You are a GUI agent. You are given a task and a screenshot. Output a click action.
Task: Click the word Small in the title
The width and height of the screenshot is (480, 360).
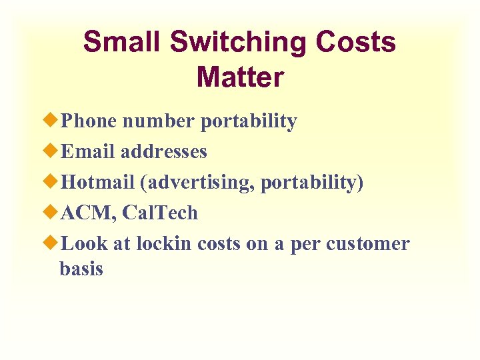(122, 43)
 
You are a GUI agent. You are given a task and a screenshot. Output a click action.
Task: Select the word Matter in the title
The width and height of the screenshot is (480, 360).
(240, 77)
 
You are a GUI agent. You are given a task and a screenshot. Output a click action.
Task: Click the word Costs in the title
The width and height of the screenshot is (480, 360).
(355, 43)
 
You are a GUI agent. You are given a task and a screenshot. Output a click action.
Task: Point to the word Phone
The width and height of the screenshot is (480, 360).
(89, 121)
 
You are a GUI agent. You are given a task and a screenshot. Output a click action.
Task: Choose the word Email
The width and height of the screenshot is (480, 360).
(87, 152)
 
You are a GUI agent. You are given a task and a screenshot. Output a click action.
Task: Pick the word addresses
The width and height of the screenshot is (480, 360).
(164, 152)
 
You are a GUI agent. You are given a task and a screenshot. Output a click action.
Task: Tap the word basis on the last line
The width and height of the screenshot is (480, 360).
(81, 269)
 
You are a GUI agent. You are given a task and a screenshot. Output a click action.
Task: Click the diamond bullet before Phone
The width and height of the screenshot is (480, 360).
(53, 121)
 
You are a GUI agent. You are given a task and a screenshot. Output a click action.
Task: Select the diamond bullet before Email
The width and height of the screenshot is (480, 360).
(53, 151)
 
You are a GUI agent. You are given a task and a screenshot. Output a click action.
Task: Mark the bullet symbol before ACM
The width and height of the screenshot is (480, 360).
(53, 213)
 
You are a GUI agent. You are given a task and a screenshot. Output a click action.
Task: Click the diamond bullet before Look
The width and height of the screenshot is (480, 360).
(53, 243)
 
